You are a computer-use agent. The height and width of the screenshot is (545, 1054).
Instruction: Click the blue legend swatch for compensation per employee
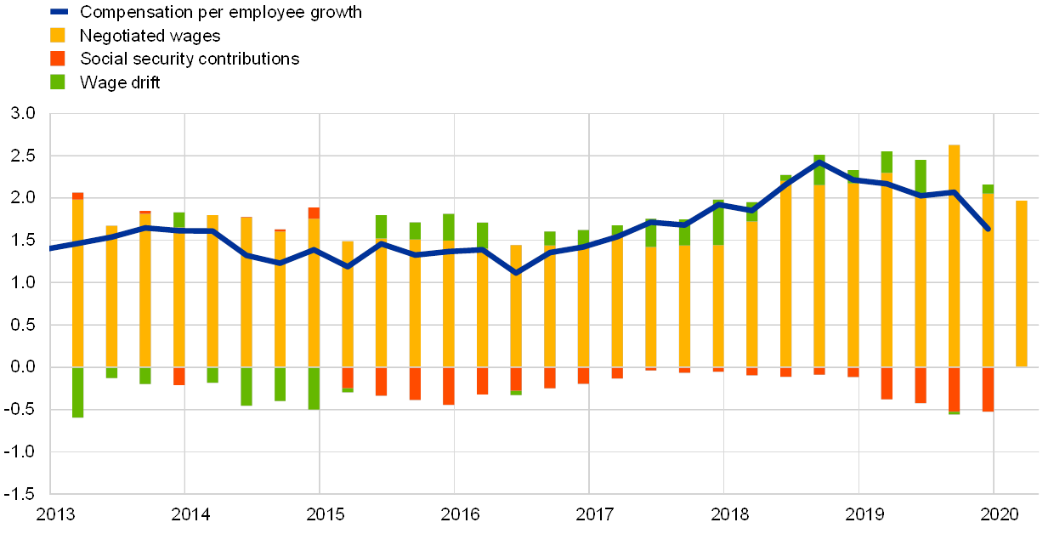click(59, 11)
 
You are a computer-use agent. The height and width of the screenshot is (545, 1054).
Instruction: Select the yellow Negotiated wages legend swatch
click(59, 35)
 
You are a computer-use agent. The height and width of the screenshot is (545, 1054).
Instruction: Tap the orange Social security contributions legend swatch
click(59, 59)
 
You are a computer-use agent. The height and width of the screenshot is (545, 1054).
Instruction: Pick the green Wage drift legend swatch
click(59, 82)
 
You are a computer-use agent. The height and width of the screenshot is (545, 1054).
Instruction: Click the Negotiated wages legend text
click(151, 36)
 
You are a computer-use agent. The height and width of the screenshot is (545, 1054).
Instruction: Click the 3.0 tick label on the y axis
click(24, 114)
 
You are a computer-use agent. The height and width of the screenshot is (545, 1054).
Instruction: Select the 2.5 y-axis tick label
click(24, 156)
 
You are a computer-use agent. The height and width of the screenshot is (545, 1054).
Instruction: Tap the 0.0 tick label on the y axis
click(24, 367)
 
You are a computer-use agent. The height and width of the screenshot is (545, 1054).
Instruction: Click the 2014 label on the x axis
click(190, 514)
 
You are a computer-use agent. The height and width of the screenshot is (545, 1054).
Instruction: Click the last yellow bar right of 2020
click(1022, 284)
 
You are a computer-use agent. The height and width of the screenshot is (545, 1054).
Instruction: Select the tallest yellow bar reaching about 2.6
click(955, 255)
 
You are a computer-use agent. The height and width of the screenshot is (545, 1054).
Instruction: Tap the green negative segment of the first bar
click(78, 392)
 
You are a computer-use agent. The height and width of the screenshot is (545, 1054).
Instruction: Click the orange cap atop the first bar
click(78, 196)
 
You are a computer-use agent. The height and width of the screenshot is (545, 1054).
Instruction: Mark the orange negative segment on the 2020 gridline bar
click(988, 389)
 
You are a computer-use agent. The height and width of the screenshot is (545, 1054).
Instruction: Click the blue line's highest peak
click(819, 161)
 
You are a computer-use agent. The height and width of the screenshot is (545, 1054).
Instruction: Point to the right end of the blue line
click(988, 229)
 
